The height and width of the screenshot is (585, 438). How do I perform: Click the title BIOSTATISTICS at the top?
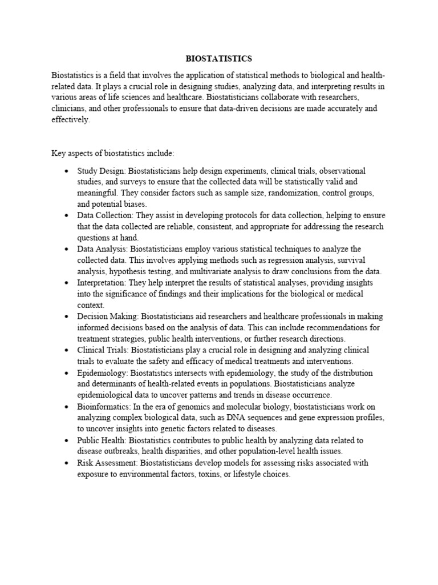click(x=219, y=59)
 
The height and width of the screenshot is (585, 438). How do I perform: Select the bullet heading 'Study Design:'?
click(x=102, y=171)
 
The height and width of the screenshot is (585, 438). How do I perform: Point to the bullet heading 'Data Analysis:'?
click(x=102, y=250)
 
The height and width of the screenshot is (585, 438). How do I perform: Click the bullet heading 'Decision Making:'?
click(x=108, y=316)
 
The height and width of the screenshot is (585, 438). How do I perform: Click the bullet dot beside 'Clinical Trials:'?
click(x=67, y=350)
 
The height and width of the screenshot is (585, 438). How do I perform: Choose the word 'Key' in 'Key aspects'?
click(x=59, y=154)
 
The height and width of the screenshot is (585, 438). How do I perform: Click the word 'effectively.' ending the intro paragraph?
click(x=71, y=120)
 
